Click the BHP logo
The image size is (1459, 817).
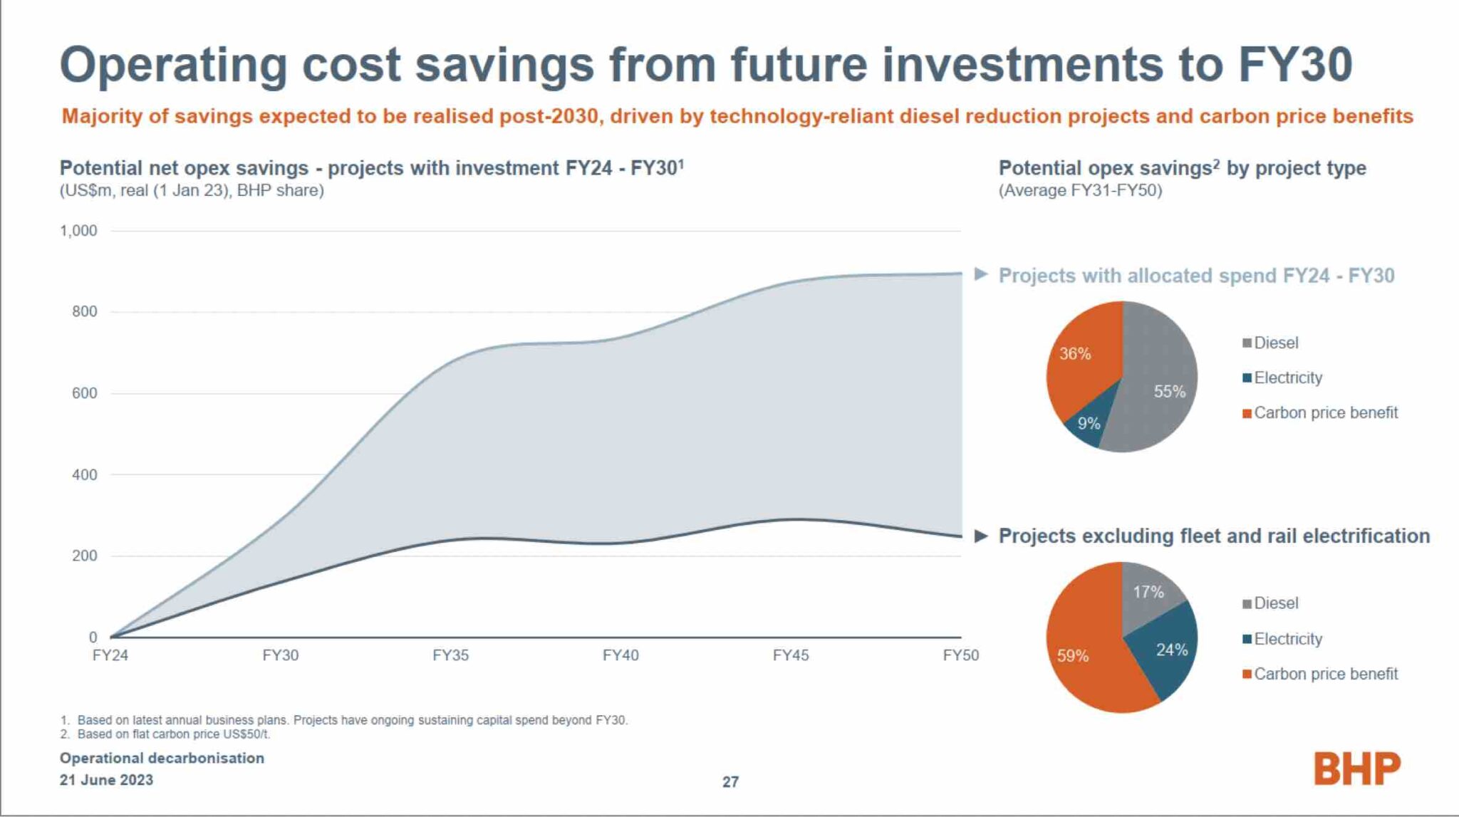pos(1356,769)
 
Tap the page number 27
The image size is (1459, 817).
pos(730,781)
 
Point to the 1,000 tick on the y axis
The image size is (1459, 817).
pos(78,231)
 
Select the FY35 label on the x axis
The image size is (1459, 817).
pos(450,655)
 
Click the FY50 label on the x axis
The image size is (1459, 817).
pos(960,655)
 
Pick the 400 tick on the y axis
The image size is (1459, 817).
pos(84,474)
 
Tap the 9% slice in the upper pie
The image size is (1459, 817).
pos(1087,425)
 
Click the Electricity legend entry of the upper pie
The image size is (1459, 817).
pos(1287,378)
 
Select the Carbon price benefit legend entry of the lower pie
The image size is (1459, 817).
pos(1324,674)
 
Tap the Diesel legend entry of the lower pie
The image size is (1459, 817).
pos(1274,603)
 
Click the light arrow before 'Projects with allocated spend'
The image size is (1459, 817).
pos(981,274)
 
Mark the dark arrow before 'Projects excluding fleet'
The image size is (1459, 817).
pos(981,536)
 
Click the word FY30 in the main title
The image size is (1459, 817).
pos(1294,65)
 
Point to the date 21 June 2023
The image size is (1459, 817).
pos(106,780)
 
